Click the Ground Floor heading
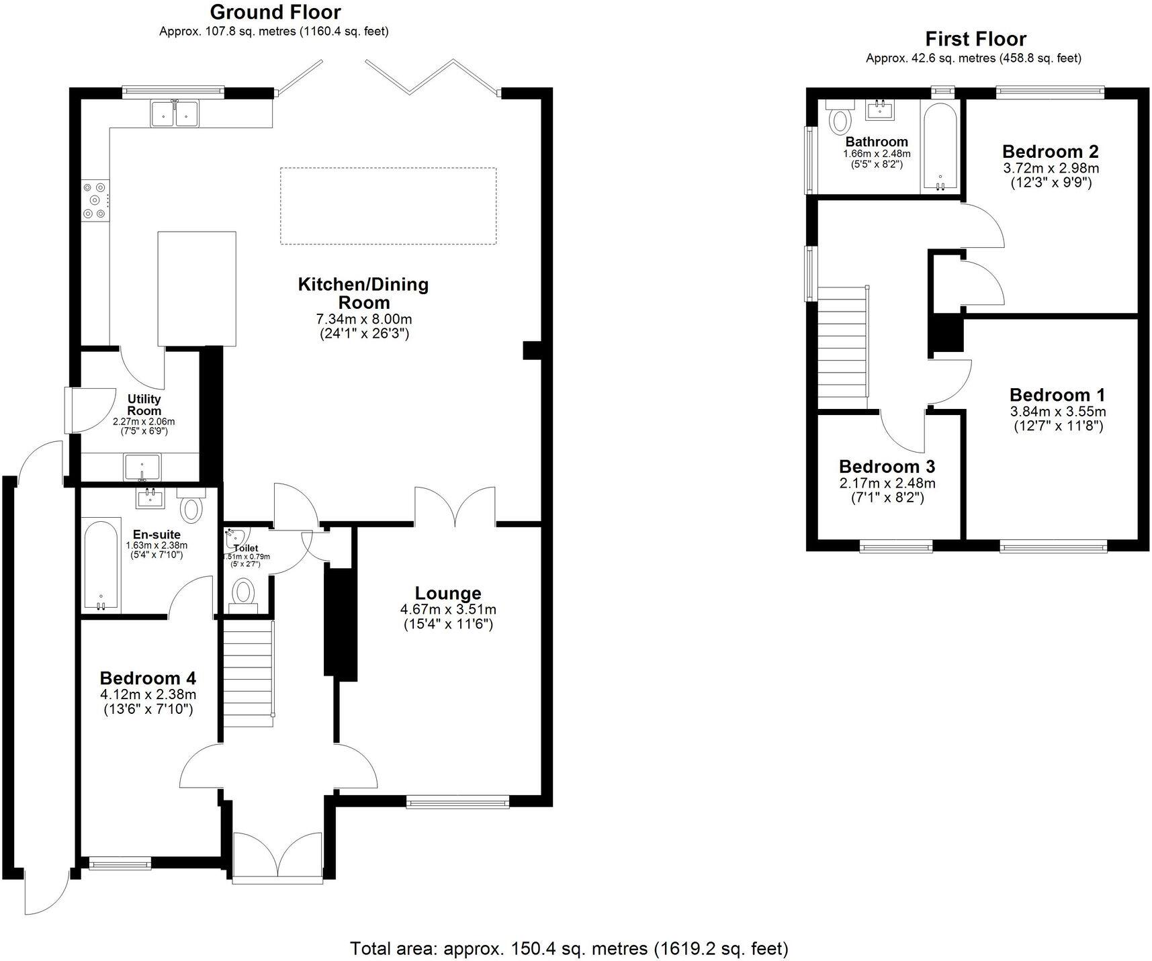(x=275, y=12)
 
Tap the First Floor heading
(x=975, y=39)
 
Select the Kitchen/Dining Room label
(x=363, y=293)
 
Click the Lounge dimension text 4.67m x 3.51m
(x=448, y=610)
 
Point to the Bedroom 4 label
(x=148, y=678)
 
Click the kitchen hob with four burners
(x=94, y=199)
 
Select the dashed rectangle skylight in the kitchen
(x=388, y=205)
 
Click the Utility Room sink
(x=142, y=467)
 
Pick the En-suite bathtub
(x=101, y=565)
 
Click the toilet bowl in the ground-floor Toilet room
(x=242, y=594)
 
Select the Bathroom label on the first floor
(x=876, y=142)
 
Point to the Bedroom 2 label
(x=1051, y=151)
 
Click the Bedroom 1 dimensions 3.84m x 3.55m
(x=1057, y=412)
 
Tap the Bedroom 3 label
(x=887, y=466)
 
